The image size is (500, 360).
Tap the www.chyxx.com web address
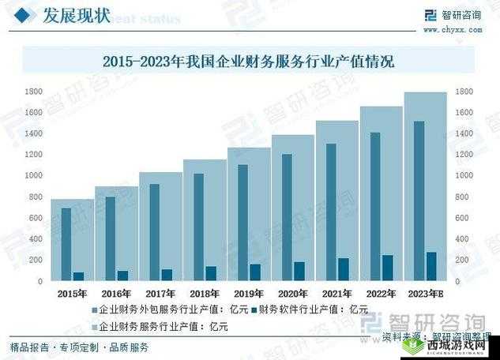453,29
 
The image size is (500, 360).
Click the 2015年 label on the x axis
72,293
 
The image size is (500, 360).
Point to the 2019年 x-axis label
249,293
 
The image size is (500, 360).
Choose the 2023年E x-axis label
425,293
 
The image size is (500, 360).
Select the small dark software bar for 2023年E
430,266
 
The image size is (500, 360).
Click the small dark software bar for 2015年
78,276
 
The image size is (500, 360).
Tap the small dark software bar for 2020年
299,271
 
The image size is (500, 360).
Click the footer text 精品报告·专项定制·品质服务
79,347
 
